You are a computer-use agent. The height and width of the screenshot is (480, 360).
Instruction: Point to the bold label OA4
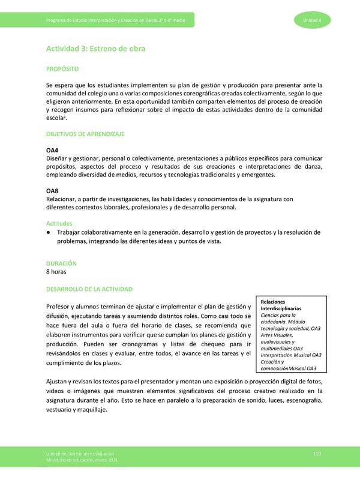pyautogui.click(x=52, y=149)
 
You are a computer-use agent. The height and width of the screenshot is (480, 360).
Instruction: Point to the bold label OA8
pyautogui.click(x=52, y=191)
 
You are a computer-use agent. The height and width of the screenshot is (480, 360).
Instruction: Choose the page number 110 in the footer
pyautogui.click(x=317, y=454)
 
